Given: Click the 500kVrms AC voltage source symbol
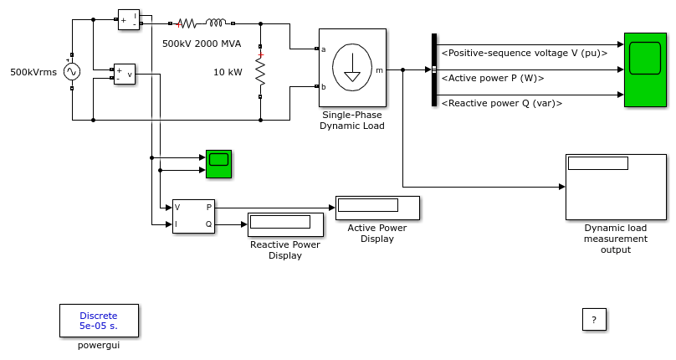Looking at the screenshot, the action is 72,72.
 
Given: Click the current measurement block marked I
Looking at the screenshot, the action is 129,19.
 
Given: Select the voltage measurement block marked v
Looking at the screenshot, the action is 124,74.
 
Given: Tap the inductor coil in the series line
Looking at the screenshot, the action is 216,23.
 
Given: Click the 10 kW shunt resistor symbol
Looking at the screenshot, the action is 260,72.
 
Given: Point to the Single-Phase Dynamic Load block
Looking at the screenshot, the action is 352,67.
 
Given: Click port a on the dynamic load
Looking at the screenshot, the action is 317,49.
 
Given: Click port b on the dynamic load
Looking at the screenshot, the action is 317,86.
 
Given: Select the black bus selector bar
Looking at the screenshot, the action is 434,69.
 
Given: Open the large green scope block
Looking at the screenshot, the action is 645,69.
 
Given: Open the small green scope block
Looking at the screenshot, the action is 218,163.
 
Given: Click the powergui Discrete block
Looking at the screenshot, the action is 99,321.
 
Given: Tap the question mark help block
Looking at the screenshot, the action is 594,320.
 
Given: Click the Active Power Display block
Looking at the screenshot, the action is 377,208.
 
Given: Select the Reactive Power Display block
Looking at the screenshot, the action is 285,224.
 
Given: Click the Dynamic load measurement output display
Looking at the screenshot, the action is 616,187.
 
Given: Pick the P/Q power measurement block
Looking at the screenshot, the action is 193,216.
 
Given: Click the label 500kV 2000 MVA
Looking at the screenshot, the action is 202,44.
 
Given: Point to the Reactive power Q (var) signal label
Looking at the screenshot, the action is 502,103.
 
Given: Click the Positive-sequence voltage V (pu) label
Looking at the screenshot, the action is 525,53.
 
